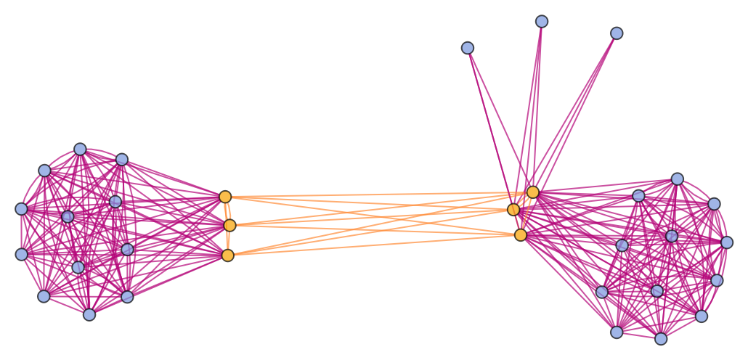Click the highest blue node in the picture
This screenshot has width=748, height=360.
point(542,22)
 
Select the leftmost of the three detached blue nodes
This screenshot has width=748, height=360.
point(468,48)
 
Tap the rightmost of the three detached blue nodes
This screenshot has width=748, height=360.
point(617,33)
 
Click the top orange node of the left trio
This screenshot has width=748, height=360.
point(225,197)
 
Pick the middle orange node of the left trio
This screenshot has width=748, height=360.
point(229,226)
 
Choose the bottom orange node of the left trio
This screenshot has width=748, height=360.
point(228,255)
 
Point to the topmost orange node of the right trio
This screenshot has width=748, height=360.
point(533,192)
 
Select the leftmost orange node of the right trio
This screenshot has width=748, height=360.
point(513,210)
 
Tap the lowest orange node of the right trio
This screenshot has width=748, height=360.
point(521,235)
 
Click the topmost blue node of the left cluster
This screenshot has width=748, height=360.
point(80,150)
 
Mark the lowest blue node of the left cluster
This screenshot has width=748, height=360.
point(89,314)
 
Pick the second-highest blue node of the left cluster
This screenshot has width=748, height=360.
point(122,160)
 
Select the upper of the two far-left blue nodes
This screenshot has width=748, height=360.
point(22,209)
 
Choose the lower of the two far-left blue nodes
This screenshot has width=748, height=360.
point(22,254)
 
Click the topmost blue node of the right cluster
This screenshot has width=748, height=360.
point(678,179)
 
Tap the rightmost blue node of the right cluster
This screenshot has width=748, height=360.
point(727,242)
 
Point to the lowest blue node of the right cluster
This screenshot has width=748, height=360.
point(661,338)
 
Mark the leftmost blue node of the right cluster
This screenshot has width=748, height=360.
point(602,292)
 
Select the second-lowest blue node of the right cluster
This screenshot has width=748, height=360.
point(617,332)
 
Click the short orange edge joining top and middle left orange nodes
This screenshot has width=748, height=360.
point(227,211)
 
